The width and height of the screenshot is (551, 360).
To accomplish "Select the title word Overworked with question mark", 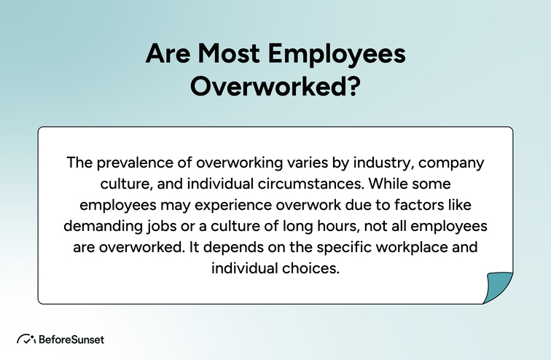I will coord(275,86).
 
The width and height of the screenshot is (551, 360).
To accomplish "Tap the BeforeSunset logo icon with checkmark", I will coord(26,339).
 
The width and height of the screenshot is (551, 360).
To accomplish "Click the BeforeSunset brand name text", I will coord(71,339).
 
